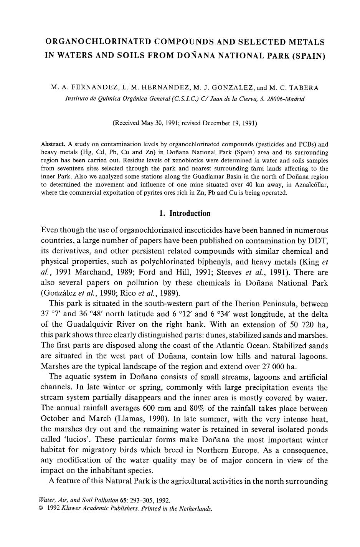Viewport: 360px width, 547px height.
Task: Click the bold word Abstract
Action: [x=53, y=144]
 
